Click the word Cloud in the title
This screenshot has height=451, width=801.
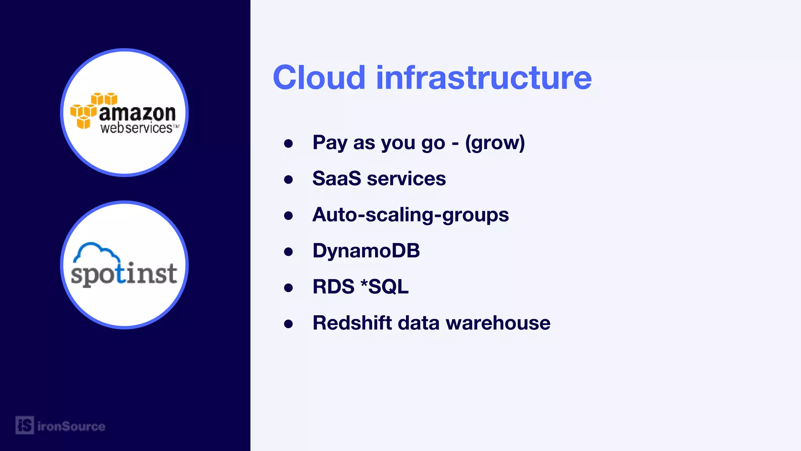coord(319,78)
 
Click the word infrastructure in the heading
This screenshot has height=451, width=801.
coord(484,78)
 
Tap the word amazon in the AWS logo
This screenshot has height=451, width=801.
coord(137,114)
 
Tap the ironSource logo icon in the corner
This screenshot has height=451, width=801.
coord(25,425)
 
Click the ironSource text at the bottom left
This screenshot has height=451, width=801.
coord(71,426)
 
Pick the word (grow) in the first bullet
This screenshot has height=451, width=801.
coord(495,143)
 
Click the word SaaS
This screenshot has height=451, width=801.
coord(337,179)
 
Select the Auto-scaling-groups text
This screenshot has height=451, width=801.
coord(410,215)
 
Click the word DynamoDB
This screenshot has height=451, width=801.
coord(366,251)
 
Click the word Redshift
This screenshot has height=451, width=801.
coord(352,323)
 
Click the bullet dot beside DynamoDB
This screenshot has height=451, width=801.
coord(289,251)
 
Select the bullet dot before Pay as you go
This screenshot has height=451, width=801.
coord(289,143)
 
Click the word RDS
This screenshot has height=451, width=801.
coord(333,287)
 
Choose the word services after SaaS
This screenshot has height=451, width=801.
coord(406,179)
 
